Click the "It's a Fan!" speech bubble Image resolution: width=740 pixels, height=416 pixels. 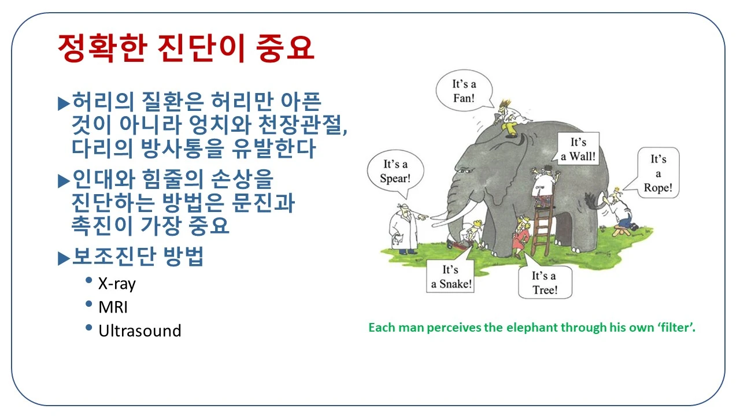tap(463, 91)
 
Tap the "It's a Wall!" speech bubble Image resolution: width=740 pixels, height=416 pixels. tap(578, 148)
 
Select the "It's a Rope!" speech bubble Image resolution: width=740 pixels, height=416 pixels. tap(658, 173)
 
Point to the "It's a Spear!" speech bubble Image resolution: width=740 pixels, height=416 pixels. tap(395, 171)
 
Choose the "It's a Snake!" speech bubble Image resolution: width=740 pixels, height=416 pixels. tap(451, 276)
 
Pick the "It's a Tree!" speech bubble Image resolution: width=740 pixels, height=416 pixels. tap(543, 283)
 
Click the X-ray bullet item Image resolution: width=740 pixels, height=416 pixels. tap(117, 284)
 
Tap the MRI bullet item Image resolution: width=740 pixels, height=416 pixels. tap(113, 307)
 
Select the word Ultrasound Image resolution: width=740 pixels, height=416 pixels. tap(139, 330)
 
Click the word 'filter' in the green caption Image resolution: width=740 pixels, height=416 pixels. tap(675, 328)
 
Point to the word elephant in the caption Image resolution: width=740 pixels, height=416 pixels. tap(528, 328)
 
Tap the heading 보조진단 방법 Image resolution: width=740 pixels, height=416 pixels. tap(138, 257)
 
